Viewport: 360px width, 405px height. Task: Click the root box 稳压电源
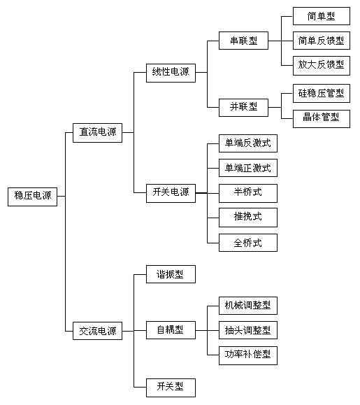33,197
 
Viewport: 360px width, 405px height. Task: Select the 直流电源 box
98,133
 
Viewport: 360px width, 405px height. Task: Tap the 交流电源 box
98,331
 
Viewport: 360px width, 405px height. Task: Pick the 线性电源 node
171,73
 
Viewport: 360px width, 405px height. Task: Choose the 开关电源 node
171,193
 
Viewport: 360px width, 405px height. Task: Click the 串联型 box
244,41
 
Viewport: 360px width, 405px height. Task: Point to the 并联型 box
244,108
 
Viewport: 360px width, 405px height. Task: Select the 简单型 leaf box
322,16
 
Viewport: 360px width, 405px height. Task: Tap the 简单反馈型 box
322,41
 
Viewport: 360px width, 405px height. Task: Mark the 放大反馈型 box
322,66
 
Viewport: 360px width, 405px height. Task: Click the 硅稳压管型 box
322,93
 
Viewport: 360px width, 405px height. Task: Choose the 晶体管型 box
322,119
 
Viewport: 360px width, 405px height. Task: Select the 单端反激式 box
248,143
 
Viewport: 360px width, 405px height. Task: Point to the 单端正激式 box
248,168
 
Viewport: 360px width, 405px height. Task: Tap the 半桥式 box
248,193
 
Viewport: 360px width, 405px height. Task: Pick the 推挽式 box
248,218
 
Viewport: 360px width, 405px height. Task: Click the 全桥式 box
248,243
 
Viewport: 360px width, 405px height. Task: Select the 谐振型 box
171,274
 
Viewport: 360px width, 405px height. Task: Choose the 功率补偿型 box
248,355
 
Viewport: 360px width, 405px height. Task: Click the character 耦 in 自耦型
170,330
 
